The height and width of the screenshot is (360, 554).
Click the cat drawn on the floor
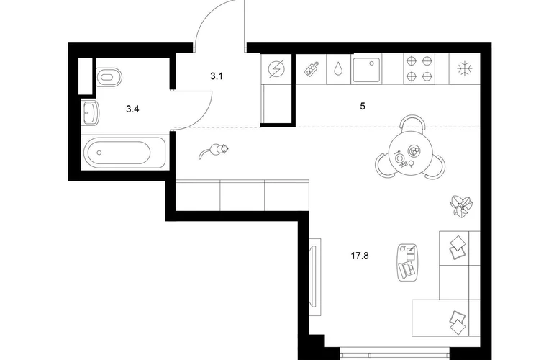(x=214, y=151)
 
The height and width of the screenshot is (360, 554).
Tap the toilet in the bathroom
(x=109, y=77)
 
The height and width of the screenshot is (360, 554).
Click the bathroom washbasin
(x=91, y=112)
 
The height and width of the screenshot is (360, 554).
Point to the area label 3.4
(x=132, y=109)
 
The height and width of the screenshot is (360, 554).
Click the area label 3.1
(x=217, y=76)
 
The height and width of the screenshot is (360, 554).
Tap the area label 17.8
(x=360, y=256)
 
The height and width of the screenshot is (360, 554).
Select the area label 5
(x=363, y=106)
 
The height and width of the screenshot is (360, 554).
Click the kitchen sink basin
(x=366, y=69)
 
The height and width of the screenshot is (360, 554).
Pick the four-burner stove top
(x=419, y=68)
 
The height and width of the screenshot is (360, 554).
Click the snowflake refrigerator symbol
(x=463, y=68)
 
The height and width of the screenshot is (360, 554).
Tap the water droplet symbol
(x=338, y=69)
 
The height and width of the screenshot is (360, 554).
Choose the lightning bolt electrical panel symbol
(x=276, y=69)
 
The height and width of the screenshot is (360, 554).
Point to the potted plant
(x=461, y=206)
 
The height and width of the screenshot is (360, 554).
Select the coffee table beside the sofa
(x=408, y=262)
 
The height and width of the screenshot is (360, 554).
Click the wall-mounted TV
(x=314, y=276)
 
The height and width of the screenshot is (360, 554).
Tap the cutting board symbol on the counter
(x=312, y=68)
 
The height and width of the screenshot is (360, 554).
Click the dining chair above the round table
(x=413, y=122)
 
